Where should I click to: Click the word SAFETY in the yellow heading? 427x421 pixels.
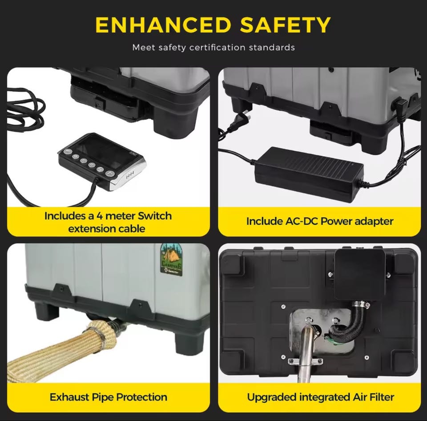(x=286, y=25)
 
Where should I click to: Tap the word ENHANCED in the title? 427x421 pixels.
(x=163, y=25)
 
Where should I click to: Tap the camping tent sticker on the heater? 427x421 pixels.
(x=171, y=259)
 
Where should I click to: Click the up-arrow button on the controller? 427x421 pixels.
(x=110, y=174)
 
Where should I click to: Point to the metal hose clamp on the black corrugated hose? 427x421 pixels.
(x=360, y=304)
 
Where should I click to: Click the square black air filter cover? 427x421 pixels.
(x=359, y=275)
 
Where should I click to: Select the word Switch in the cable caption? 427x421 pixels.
(x=154, y=216)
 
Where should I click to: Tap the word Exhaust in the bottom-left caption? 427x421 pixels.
(x=69, y=397)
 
